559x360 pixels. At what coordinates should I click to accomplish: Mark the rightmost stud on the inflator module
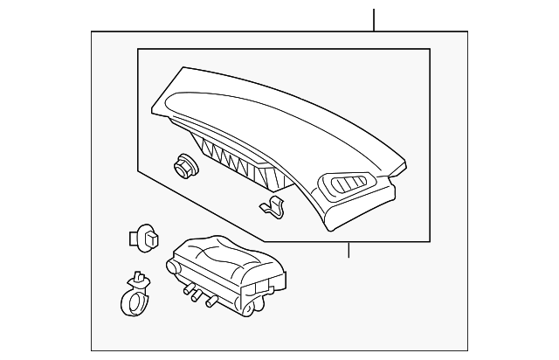click(x=210, y=303)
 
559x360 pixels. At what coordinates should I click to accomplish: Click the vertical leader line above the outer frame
click(x=374, y=19)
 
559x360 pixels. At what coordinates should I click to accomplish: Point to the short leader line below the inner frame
click(x=349, y=250)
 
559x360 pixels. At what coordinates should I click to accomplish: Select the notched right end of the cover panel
click(x=397, y=188)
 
